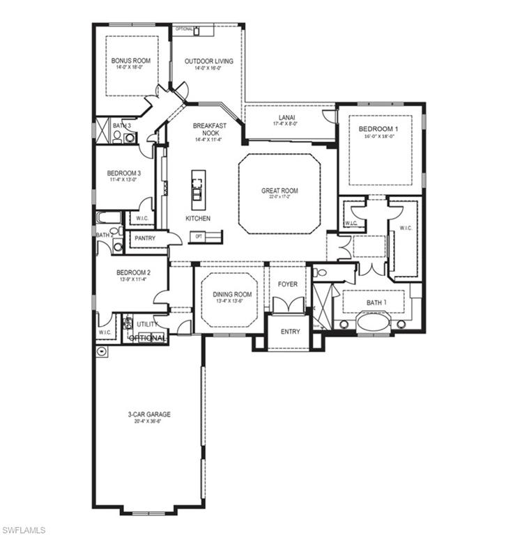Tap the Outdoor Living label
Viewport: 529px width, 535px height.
click(x=208, y=61)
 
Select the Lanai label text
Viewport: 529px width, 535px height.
click(x=287, y=117)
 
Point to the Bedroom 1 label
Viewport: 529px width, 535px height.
click(x=378, y=129)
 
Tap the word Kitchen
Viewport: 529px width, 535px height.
click(x=197, y=219)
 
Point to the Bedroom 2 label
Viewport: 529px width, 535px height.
click(x=133, y=272)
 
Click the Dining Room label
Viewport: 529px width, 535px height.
click(x=232, y=295)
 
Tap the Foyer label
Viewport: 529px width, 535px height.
click(x=287, y=284)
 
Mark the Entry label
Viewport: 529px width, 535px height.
click(x=290, y=332)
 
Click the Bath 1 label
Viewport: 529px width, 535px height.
click(x=375, y=302)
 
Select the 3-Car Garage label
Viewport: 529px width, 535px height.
click(x=149, y=414)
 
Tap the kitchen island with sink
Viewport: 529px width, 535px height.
click(x=197, y=189)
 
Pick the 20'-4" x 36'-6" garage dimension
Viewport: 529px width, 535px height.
click(x=149, y=422)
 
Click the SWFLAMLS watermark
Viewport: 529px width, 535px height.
click(x=24, y=529)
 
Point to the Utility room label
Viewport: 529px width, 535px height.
click(x=146, y=325)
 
